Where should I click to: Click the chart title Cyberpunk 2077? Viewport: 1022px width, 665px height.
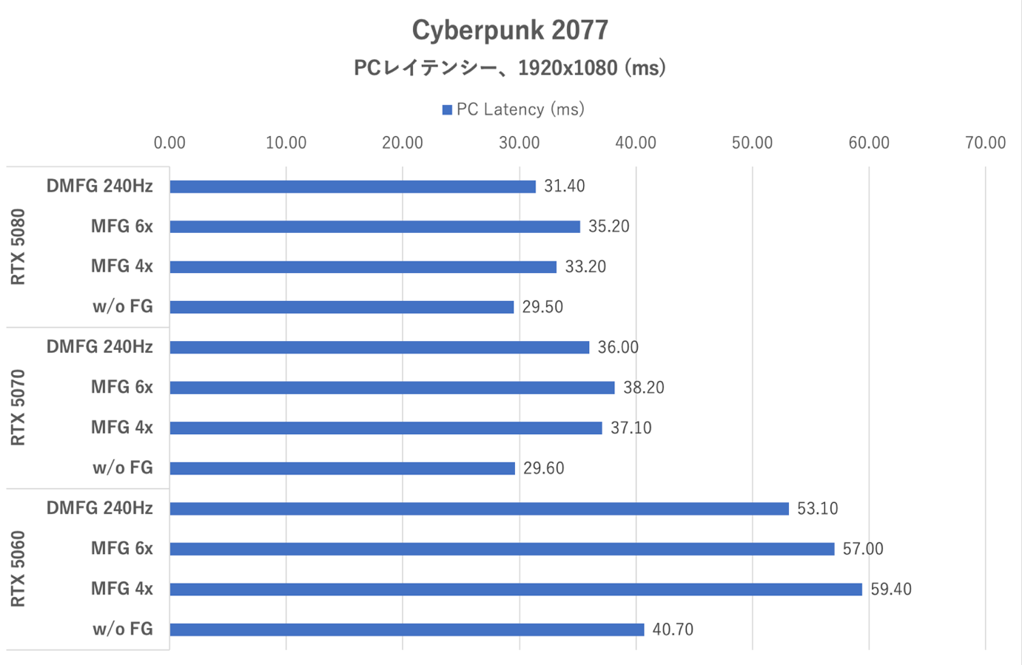[x=510, y=30]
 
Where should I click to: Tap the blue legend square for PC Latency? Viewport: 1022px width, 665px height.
[x=447, y=110]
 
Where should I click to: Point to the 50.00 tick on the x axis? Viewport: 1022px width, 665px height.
[x=752, y=143]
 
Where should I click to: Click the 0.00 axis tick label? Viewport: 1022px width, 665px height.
[x=169, y=143]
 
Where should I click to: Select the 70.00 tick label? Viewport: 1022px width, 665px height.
[x=985, y=143]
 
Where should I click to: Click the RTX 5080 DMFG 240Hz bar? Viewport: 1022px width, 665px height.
[x=352, y=186]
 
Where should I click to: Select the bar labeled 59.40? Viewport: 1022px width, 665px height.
[x=516, y=590]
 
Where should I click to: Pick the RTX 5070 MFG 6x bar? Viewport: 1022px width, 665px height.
[x=392, y=388]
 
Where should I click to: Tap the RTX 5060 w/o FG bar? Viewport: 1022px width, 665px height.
[x=407, y=629]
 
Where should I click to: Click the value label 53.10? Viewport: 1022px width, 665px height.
[x=817, y=509]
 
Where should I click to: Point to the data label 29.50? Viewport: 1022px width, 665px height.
[x=542, y=307]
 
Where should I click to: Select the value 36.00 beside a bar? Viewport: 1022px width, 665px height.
[x=618, y=348]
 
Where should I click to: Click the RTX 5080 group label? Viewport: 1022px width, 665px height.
[x=19, y=246]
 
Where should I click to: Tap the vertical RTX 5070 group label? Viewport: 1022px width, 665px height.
[x=19, y=408]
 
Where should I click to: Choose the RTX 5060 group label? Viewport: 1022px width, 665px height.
[x=19, y=569]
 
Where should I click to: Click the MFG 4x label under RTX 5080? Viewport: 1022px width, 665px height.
[x=122, y=266]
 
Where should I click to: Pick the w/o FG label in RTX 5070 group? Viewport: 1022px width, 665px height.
[x=123, y=467]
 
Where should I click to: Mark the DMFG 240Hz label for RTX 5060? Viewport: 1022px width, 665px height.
[x=100, y=508]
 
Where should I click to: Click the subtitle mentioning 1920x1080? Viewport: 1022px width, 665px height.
[x=510, y=68]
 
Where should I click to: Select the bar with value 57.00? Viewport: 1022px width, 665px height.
[x=502, y=549]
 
